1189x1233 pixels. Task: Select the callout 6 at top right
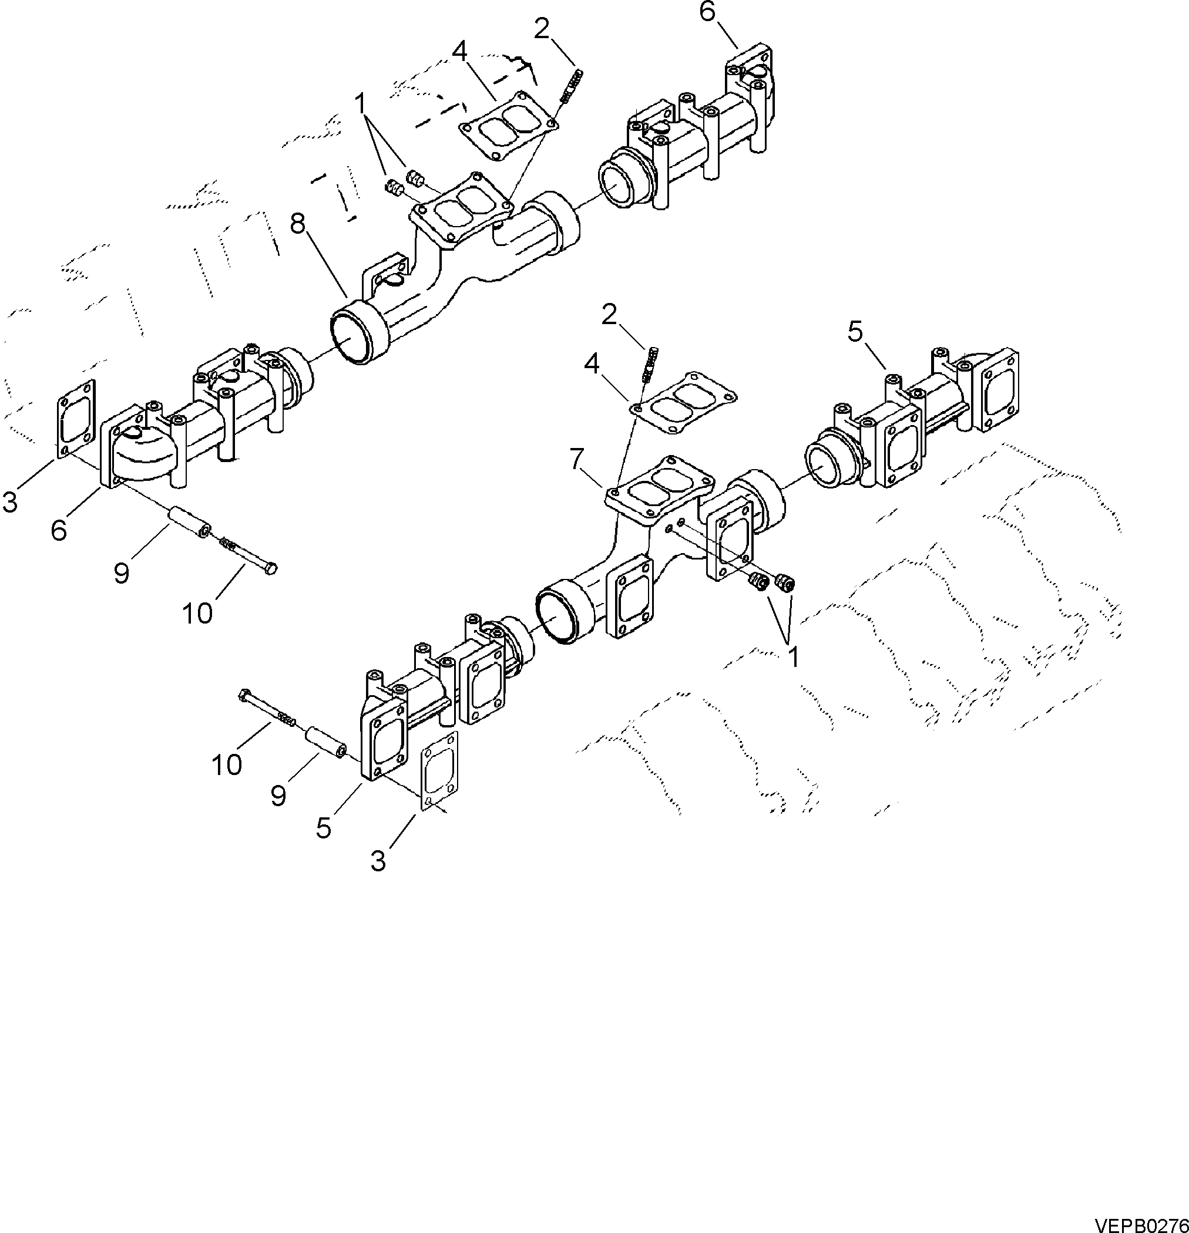point(707,11)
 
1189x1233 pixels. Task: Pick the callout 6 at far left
point(59,530)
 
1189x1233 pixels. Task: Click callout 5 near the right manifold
point(854,331)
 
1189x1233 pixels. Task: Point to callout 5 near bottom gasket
point(324,828)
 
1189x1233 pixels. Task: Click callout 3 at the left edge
point(9,501)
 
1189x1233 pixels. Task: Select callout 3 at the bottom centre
point(378,861)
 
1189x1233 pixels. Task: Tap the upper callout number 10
point(197,613)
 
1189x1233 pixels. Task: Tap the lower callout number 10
point(227,765)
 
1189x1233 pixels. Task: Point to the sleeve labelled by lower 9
point(325,742)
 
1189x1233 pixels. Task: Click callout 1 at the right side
point(794,657)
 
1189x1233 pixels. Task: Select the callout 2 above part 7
point(609,315)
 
